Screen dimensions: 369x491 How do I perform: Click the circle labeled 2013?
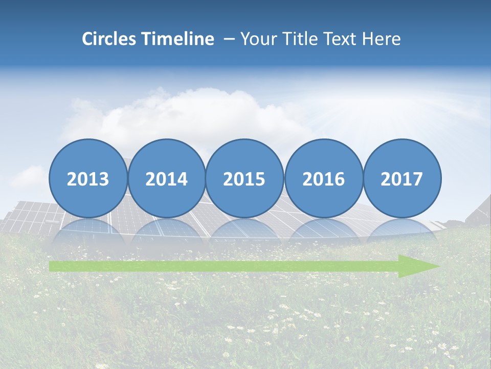coord(88,178)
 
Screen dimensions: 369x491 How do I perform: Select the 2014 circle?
coord(167,178)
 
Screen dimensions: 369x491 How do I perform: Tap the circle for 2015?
coord(244,178)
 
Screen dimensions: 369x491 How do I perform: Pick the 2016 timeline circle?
coord(324,178)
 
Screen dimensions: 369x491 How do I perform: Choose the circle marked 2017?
coord(402,178)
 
